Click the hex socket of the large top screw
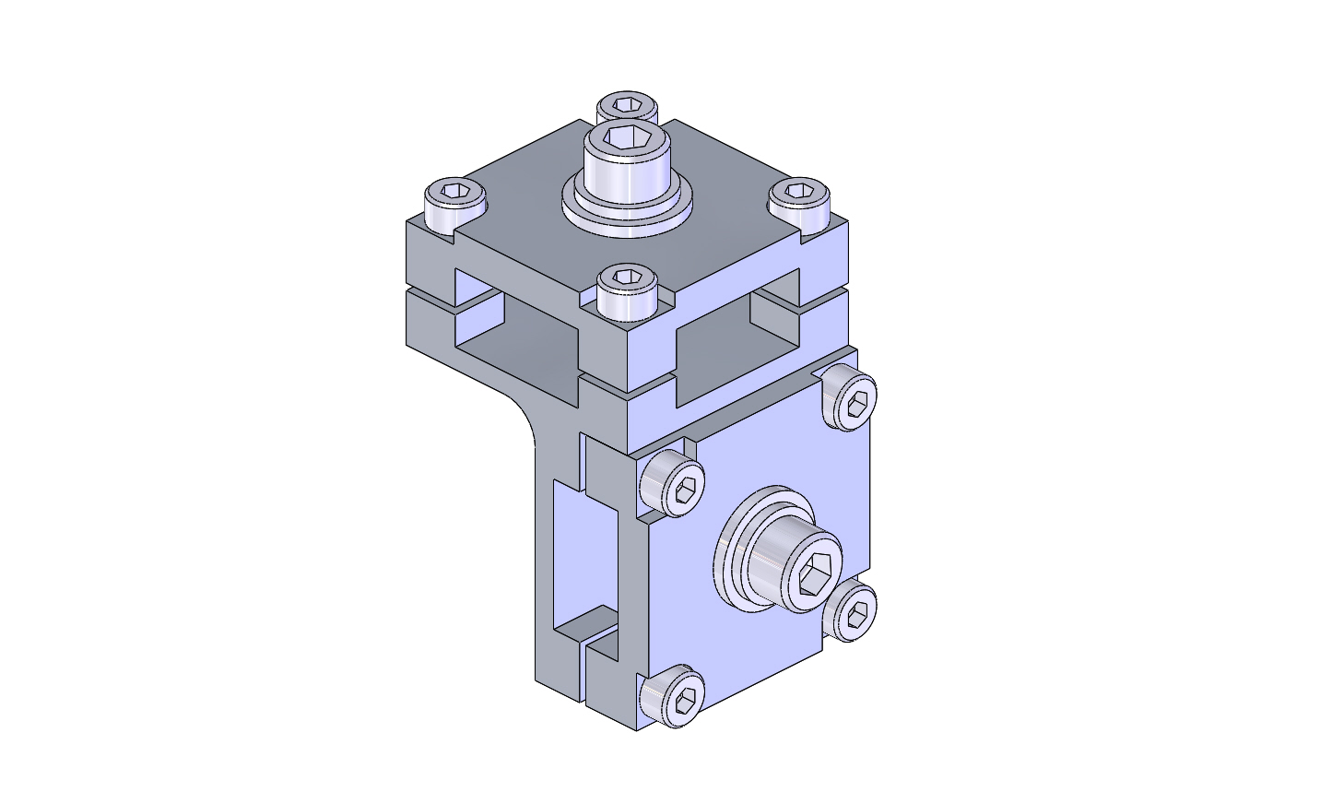pyautogui.click(x=628, y=140)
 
